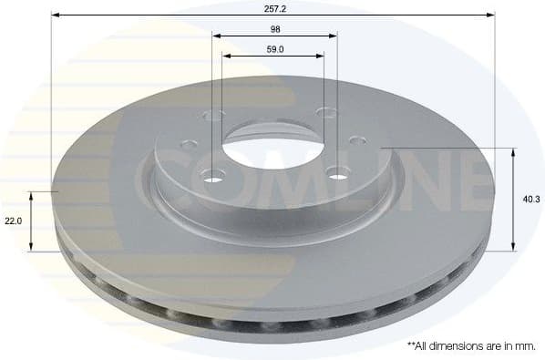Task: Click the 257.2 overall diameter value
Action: [x=272, y=6]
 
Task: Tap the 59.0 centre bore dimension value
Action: [x=273, y=49]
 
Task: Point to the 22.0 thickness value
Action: [x=13, y=221]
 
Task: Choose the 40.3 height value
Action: [x=532, y=198]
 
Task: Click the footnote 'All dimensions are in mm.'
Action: [x=470, y=346]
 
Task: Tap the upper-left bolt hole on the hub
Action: [x=216, y=115]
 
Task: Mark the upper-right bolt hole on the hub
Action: [x=325, y=111]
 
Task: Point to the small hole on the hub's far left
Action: [x=188, y=143]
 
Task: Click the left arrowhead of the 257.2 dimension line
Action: [x=55, y=15]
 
